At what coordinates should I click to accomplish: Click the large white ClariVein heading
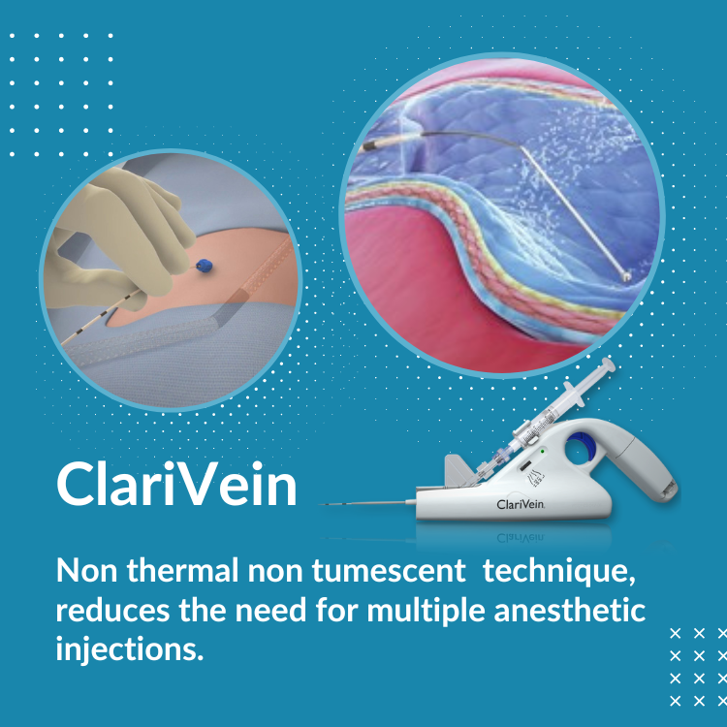176,484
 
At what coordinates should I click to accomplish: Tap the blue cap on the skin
204,266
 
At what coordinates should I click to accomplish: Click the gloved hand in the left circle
119,237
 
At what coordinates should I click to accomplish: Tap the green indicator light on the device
542,450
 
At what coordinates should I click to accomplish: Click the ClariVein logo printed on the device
521,504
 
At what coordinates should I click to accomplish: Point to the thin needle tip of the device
322,504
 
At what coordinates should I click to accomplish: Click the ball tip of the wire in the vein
626,277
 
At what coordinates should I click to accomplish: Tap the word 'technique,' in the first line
558,573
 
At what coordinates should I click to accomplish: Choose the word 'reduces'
112,611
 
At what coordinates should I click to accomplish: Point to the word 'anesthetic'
569,610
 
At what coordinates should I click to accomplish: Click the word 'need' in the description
270,611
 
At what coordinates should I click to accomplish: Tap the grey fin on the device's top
457,470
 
